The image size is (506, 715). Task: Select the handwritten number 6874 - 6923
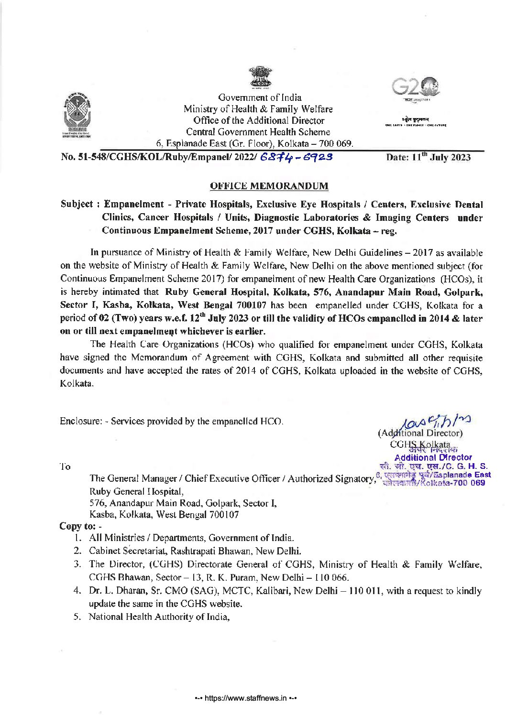point(297,157)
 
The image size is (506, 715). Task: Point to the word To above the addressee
point(66,466)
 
